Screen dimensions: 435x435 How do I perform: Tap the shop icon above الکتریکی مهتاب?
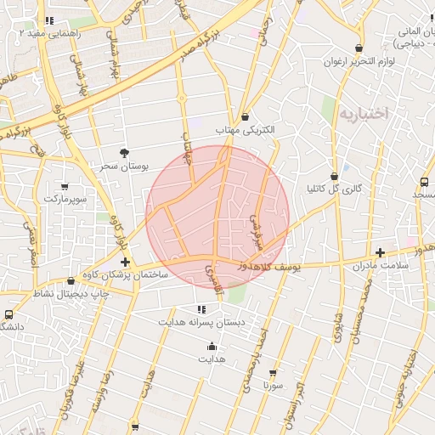(x=246, y=116)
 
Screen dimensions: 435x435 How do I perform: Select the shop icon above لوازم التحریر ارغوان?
(x=359, y=48)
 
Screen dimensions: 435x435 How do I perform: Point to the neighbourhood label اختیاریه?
(x=362, y=112)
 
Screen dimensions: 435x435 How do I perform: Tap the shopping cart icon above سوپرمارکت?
(x=65, y=185)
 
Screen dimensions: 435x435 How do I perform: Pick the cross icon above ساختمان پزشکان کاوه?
(x=126, y=262)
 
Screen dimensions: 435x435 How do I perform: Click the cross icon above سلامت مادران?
(x=380, y=252)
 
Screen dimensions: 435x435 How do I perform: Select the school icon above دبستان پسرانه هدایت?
(x=201, y=309)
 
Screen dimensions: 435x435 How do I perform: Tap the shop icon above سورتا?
(x=273, y=372)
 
